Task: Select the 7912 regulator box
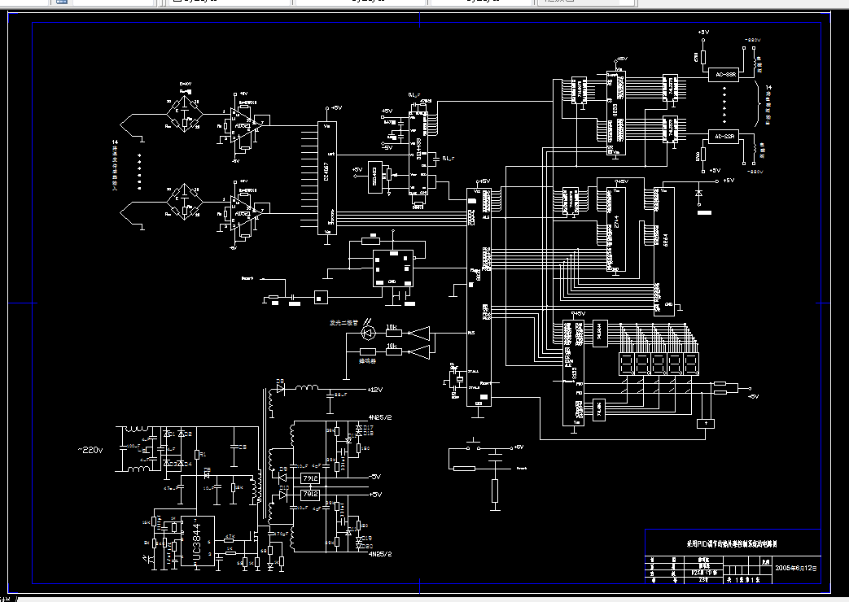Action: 309,494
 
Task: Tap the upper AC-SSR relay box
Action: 721,75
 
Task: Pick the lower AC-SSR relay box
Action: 721,137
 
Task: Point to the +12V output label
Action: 374,390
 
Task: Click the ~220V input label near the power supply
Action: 90,449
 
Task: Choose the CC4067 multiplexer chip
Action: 326,177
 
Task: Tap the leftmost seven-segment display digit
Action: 625,363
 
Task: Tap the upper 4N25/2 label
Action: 380,417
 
